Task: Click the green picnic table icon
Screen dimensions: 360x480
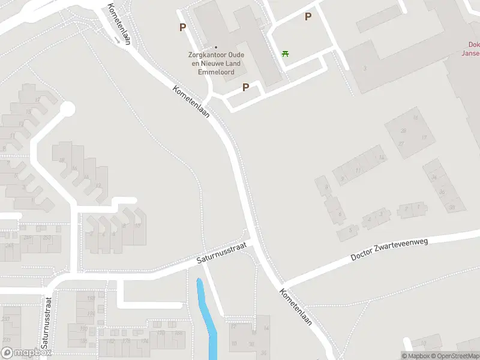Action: [286, 54]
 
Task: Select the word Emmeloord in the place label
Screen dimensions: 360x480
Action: [216, 71]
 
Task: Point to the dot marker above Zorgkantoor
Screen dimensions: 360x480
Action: [216, 47]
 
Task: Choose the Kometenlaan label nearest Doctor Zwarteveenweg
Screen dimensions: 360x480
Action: [296, 307]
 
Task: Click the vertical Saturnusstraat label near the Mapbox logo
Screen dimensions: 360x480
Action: [47, 323]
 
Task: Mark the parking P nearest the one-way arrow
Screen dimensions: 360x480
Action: [182, 27]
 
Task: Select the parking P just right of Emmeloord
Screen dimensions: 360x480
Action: [245, 88]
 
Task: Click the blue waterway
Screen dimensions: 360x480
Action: [207, 318]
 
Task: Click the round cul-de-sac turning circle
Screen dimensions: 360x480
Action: [67, 109]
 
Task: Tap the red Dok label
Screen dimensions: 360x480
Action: [473, 44]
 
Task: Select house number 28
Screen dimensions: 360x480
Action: [403, 131]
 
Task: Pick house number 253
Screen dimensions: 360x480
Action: [46, 238]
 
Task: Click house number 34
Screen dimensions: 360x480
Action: [433, 178]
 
